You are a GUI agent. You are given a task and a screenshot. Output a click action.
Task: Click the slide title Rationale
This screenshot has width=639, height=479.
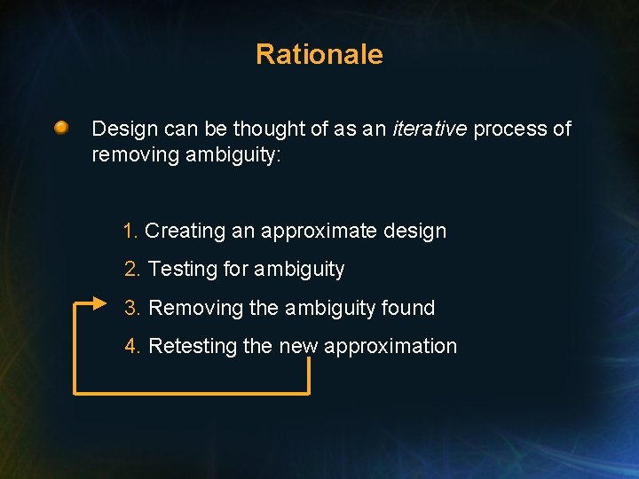click(x=319, y=54)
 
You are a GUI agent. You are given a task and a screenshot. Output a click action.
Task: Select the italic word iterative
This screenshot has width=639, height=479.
click(x=430, y=129)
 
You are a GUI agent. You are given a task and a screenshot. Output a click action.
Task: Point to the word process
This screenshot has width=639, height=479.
click(x=510, y=130)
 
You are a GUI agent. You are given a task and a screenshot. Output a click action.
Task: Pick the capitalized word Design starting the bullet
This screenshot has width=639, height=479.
click(x=124, y=129)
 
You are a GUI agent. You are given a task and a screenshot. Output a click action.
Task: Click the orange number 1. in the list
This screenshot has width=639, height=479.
click(x=130, y=231)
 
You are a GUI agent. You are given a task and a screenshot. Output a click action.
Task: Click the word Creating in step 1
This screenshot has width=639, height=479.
click(x=185, y=231)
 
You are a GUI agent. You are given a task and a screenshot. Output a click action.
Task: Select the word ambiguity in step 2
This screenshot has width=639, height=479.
click(x=298, y=270)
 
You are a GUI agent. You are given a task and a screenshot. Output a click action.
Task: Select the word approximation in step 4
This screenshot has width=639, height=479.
click(x=390, y=347)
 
